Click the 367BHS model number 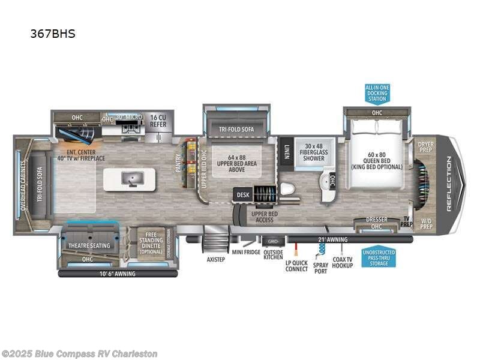pyautogui.click(x=53, y=34)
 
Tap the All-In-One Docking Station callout pyautogui.click(x=377, y=93)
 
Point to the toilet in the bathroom pyautogui.click(x=287, y=190)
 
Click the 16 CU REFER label pyautogui.click(x=158, y=121)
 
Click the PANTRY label pyautogui.click(x=178, y=162)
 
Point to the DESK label pyautogui.click(x=243, y=194)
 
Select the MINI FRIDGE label pyautogui.click(x=247, y=252)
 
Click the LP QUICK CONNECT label pyautogui.click(x=296, y=266)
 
